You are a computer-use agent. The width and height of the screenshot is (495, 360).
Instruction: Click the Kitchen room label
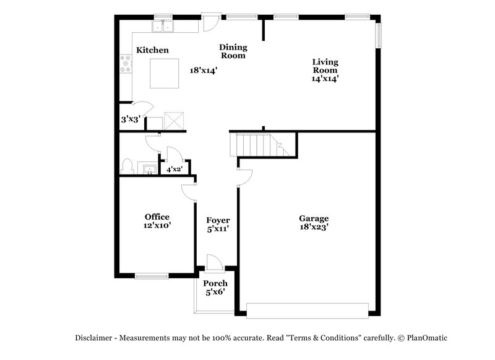click(x=153, y=50)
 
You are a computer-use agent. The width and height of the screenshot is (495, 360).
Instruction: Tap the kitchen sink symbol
click(x=163, y=27)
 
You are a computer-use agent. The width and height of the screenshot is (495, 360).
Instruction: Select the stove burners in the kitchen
click(x=126, y=62)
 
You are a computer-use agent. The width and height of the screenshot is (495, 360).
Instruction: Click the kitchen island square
click(x=165, y=73)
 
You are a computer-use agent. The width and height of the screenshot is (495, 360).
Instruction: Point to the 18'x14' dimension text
click(x=204, y=71)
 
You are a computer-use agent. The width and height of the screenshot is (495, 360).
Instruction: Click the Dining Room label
click(x=233, y=51)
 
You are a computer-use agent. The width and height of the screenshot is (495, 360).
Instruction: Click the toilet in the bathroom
click(x=127, y=166)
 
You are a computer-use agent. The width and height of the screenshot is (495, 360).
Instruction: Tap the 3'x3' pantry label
click(x=130, y=119)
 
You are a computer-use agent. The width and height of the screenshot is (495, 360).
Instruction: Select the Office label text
click(x=157, y=216)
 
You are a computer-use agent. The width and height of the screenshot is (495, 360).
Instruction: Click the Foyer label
click(x=218, y=220)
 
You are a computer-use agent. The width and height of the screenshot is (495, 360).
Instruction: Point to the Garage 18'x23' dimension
click(x=314, y=227)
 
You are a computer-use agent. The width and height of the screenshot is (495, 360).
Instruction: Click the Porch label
click(x=215, y=283)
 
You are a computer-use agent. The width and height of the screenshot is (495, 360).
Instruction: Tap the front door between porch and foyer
click(x=213, y=262)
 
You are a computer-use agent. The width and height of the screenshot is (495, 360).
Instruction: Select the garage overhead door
click(x=308, y=309)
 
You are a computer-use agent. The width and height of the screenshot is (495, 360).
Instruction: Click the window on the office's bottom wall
click(x=152, y=276)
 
